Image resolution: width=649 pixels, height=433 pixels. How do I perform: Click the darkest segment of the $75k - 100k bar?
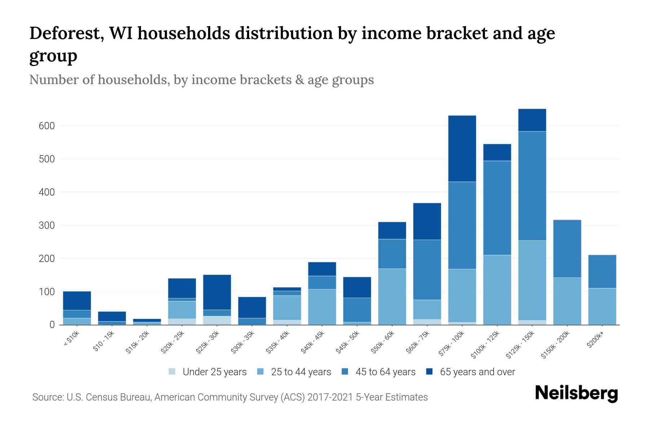pyautogui.click(x=462, y=149)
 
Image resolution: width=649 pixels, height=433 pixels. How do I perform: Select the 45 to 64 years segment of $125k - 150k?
pyautogui.click(x=532, y=186)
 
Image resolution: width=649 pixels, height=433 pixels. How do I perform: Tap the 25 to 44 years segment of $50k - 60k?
pyautogui.click(x=392, y=297)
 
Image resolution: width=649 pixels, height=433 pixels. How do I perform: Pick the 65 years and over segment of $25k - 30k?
pyautogui.click(x=217, y=292)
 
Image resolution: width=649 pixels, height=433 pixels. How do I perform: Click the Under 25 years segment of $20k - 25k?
pyautogui.click(x=182, y=322)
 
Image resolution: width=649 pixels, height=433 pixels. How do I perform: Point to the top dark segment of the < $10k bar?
pyautogui.click(x=77, y=301)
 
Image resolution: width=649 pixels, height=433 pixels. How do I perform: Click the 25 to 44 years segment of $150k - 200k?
pyautogui.click(x=567, y=301)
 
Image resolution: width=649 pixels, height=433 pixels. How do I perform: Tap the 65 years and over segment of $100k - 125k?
pyautogui.click(x=497, y=152)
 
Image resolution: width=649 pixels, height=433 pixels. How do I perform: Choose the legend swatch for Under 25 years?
pyautogui.click(x=172, y=372)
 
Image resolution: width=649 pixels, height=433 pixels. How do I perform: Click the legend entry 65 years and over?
pyautogui.click(x=477, y=372)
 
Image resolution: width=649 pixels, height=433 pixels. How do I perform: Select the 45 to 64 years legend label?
pyautogui.click(x=385, y=372)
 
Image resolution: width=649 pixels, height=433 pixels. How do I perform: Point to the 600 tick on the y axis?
pyautogui.click(x=47, y=126)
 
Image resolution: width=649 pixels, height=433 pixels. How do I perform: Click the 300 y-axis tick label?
pyautogui.click(x=47, y=226)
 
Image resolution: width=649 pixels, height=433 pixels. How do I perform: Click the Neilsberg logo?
pyautogui.click(x=576, y=393)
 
